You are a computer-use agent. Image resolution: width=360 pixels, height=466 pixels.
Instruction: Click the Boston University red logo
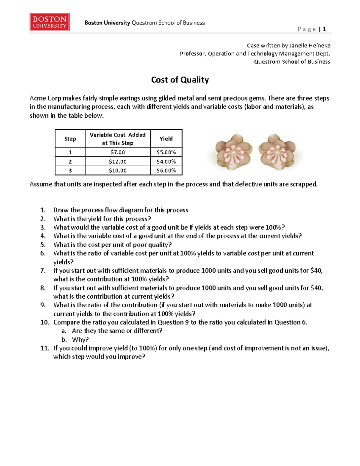[49, 22]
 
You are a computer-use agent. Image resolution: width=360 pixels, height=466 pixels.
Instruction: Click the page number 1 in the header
[324, 29]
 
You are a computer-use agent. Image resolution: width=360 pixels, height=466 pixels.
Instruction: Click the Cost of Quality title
[180, 80]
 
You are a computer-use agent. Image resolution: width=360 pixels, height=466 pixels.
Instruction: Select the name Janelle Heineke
[310, 46]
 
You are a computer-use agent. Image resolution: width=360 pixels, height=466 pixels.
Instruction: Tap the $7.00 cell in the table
[118, 152]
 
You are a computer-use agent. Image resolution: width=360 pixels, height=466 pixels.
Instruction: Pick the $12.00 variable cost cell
[118, 161]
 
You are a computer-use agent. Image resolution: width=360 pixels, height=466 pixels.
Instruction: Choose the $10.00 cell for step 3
[118, 170]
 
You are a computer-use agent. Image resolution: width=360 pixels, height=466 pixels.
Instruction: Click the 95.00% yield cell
[166, 152]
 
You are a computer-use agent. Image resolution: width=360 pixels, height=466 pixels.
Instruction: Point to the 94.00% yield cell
[166, 161]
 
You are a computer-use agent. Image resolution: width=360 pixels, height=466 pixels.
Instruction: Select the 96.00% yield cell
[166, 170]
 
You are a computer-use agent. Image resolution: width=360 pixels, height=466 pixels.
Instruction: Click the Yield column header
[166, 139]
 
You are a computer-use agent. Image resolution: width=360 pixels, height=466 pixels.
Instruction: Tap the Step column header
[70, 139]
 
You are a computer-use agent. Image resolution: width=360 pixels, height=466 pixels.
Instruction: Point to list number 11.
[44, 348]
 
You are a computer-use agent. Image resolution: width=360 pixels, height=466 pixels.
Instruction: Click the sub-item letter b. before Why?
[64, 339]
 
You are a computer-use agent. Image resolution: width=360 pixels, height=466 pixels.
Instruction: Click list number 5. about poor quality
[43, 245]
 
